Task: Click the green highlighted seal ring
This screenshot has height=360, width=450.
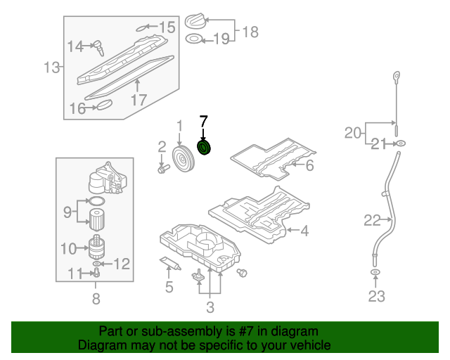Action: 205,148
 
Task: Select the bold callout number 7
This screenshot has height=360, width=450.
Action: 204,121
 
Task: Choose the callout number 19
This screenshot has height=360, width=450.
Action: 221,39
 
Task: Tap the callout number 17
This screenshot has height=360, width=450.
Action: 139,99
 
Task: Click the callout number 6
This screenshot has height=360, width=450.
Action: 309,165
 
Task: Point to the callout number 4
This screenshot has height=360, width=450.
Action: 304,230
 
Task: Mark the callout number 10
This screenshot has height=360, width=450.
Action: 68,248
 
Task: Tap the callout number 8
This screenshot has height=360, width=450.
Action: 96,299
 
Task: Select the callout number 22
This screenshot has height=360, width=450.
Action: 372,221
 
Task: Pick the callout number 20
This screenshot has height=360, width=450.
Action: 353,131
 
